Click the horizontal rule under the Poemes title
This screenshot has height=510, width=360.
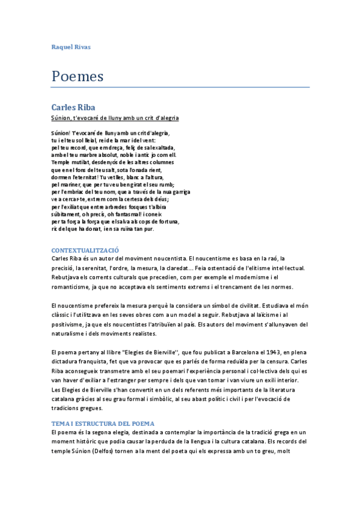[x=180, y=88]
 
